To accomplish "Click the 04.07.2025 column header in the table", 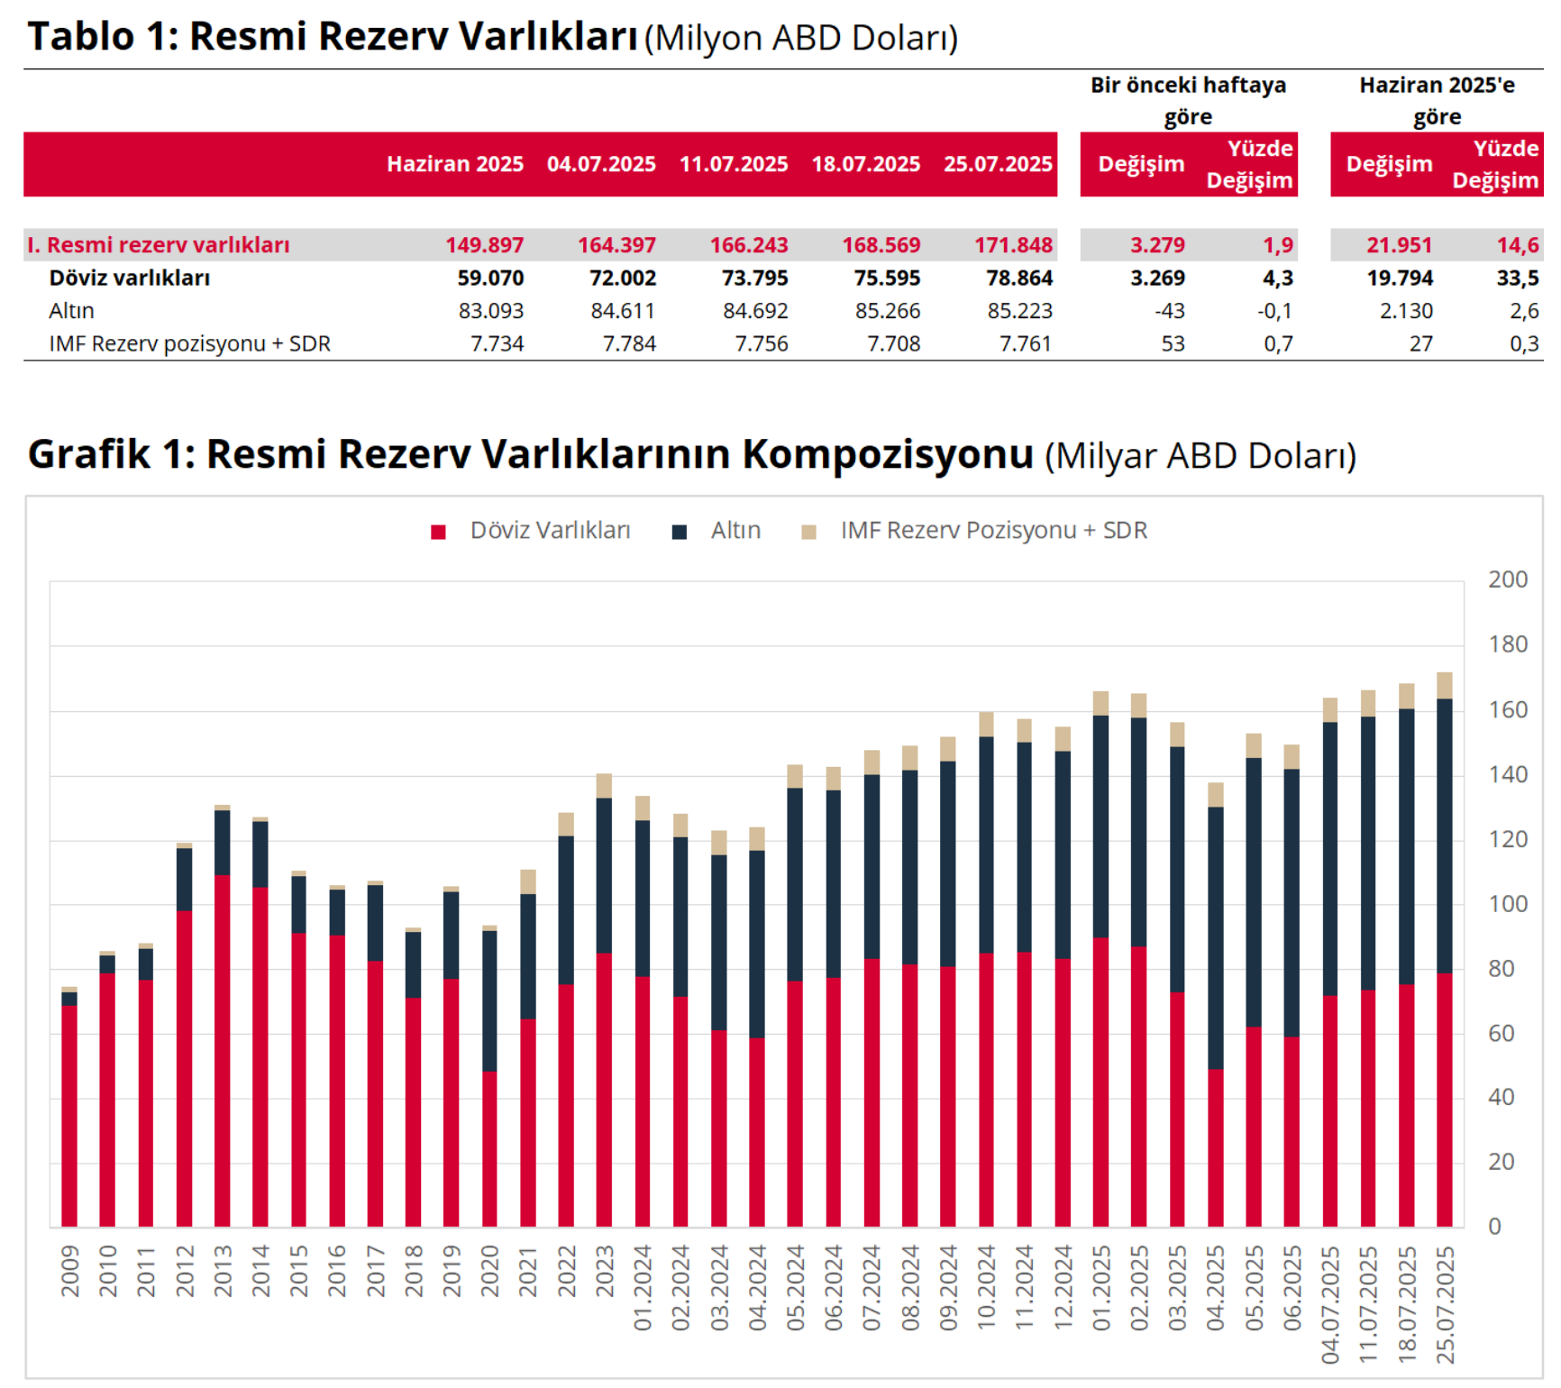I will coord(601,164).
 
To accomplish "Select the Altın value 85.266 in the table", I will coord(888,311).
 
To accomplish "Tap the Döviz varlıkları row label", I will coord(129,278).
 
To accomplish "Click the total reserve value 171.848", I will coord(1013,245).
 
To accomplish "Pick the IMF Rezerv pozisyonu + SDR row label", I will coord(189,343).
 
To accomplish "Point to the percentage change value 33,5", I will coord(1518,278).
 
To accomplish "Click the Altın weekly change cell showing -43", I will coord(1170,311).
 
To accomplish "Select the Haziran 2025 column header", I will coord(455,164).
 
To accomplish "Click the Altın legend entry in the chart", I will coord(735,530).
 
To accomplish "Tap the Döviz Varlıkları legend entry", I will coord(550,530).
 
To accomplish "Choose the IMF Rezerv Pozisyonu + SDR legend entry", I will coord(993,530).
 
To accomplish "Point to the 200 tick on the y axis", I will coord(1508,580).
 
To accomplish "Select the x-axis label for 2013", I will coord(223,1271).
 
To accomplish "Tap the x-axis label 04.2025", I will coord(1216,1287).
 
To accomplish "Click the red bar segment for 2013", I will coord(223,1050).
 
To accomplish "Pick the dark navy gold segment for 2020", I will coord(489,1000).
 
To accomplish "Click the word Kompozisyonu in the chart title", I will coord(888,454).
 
